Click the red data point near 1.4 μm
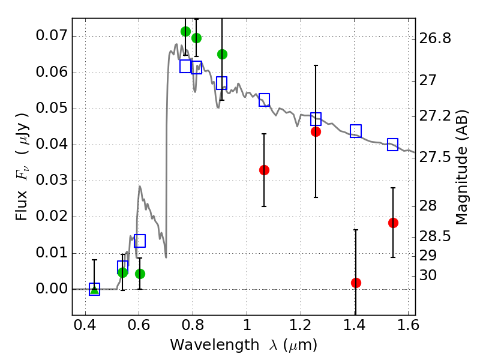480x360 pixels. [356, 283]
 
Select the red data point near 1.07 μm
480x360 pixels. [264, 170]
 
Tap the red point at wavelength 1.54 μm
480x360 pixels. [393, 223]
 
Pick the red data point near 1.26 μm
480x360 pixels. [316, 131]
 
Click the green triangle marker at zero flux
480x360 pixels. [94, 289]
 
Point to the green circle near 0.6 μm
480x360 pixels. [140, 274]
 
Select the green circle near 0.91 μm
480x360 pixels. [222, 54]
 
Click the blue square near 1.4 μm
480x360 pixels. [356, 131]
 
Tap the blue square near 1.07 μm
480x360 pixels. [264, 100]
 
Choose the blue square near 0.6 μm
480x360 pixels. [140, 241]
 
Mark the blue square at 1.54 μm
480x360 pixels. [393, 145]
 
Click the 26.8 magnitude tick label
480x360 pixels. [434, 38]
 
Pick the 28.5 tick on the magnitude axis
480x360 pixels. [434, 236]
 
